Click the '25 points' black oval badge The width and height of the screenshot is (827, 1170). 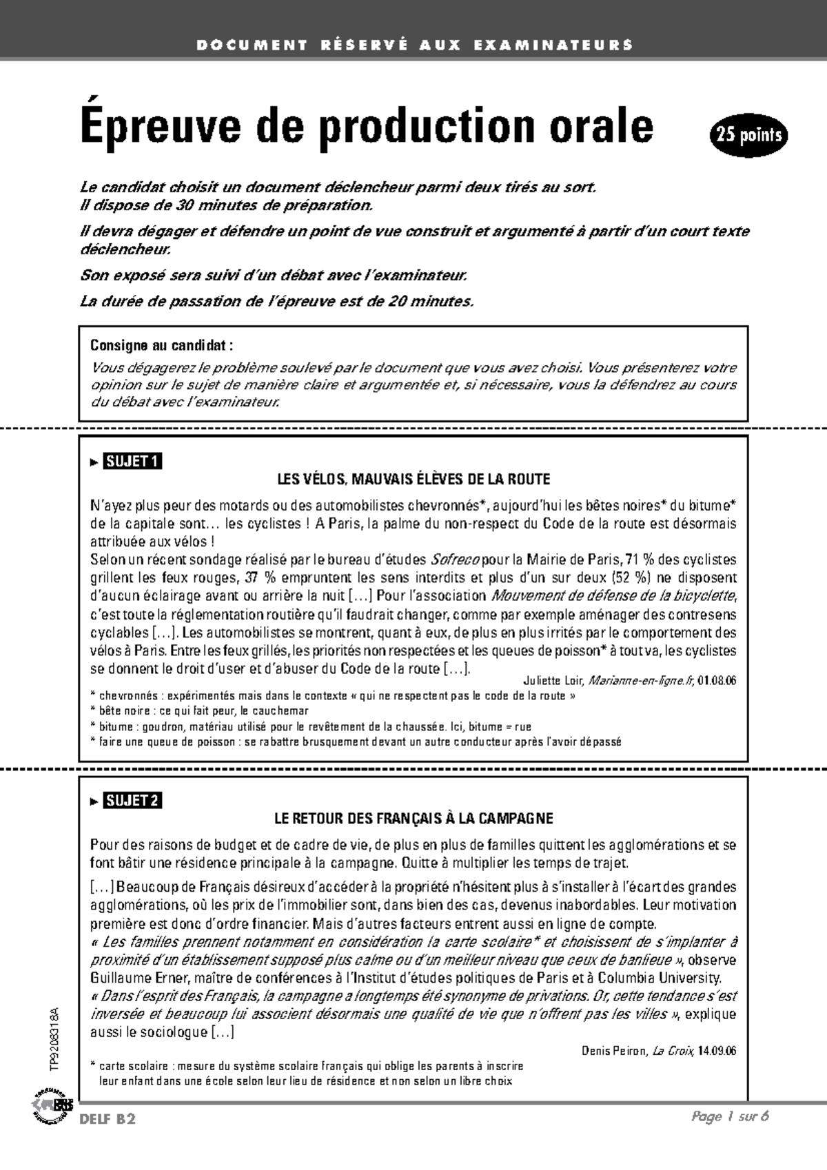[748, 135]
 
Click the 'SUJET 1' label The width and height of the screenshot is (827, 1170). [132, 461]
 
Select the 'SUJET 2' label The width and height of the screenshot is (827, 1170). [132, 800]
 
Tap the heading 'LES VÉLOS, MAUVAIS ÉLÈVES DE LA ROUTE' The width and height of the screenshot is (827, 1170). [413, 479]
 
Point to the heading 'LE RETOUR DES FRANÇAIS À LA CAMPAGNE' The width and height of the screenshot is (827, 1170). [413, 819]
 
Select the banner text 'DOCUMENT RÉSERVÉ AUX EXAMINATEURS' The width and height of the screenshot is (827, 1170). [413, 45]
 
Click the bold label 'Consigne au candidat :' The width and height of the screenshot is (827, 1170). [162, 345]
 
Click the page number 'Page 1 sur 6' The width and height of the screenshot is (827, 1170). [730, 1117]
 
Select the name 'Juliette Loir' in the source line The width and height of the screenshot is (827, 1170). [553, 681]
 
